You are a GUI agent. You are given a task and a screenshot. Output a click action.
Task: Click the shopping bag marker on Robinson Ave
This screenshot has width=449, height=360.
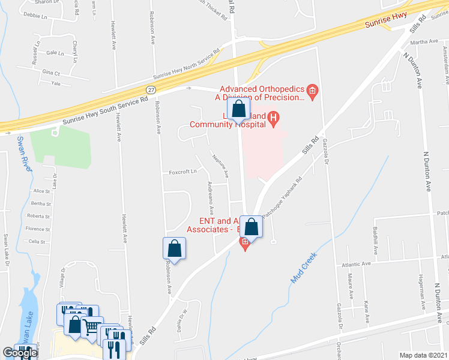point(174,249)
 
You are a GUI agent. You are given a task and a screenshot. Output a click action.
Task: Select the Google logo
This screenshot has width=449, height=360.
point(20,353)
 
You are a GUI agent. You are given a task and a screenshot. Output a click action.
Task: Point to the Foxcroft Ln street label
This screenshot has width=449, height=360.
point(182,171)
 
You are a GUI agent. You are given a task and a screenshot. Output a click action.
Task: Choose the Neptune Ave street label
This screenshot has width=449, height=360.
point(220,166)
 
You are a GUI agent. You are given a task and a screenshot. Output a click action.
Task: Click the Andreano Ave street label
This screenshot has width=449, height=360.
point(210,199)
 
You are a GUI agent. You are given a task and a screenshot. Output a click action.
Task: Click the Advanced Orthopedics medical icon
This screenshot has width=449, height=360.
point(312,91)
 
